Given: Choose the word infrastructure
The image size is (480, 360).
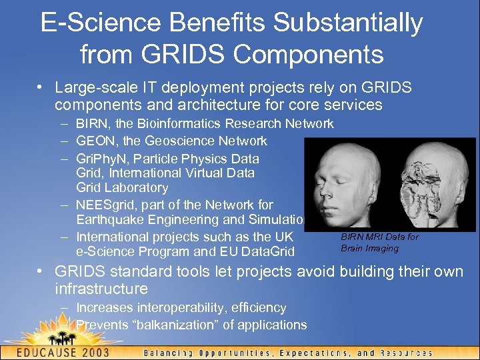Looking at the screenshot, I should click(x=101, y=289).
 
